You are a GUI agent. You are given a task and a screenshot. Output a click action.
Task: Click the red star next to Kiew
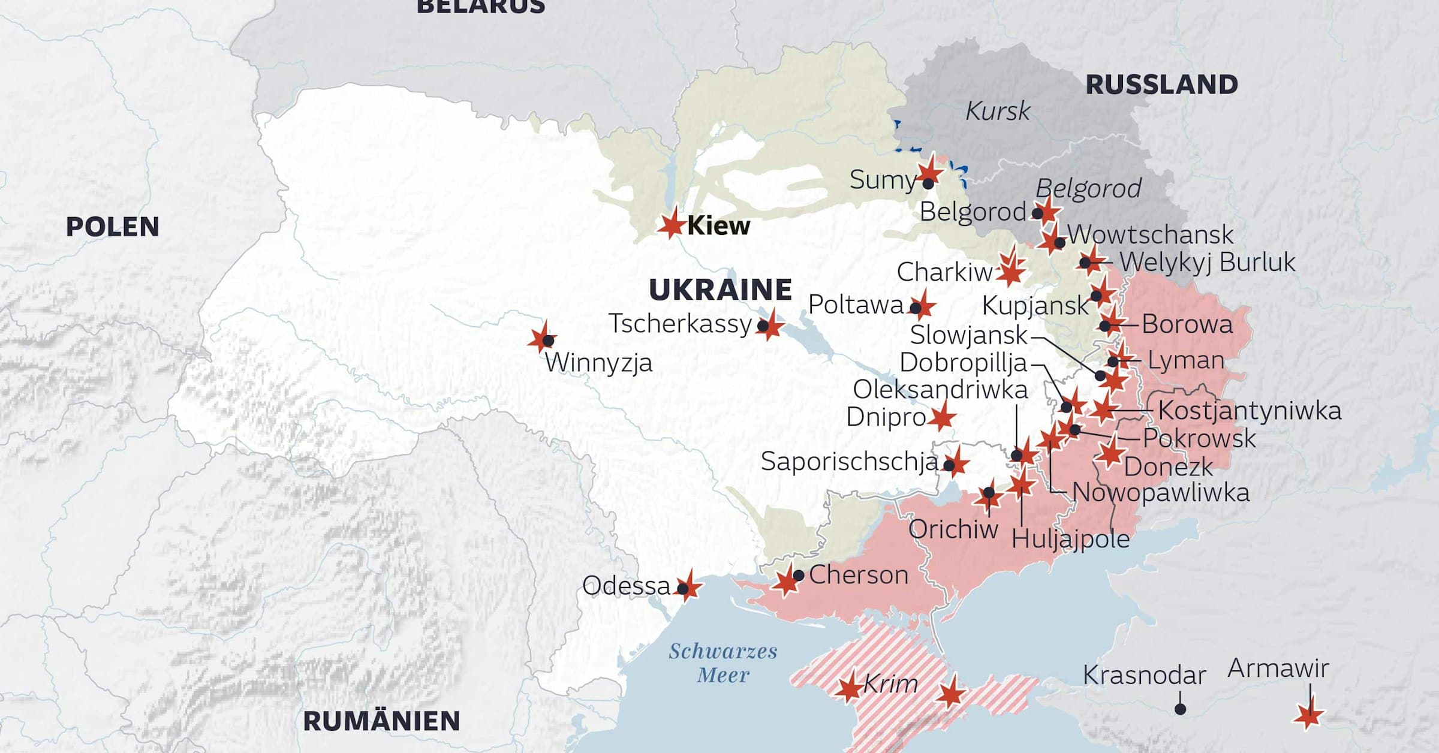coord(671,224)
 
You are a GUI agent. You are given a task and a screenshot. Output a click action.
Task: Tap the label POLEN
coord(112,227)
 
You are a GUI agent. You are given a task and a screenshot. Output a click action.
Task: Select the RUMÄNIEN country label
coord(381,721)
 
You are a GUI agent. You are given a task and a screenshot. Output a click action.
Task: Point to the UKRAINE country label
coord(720,290)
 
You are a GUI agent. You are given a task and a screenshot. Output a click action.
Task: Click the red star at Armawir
coord(1308,715)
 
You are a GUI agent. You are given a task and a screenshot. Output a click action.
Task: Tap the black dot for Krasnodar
coord(1180,709)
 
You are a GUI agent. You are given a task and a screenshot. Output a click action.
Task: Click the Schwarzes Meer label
coord(723,662)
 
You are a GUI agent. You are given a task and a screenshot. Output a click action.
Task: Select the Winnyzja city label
coord(598,363)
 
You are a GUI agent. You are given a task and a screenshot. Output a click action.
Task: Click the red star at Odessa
coord(688,586)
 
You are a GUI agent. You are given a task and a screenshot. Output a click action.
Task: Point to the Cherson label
coord(859,575)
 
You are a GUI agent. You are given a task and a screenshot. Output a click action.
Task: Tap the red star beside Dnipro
coord(942,417)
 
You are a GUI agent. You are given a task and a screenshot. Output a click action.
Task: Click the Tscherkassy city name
coord(680,324)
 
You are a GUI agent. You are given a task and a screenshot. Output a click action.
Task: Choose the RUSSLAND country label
coord(1161,85)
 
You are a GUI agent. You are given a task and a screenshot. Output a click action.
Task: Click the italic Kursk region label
coord(998,111)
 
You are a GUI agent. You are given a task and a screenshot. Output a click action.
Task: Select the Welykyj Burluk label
coord(1207,262)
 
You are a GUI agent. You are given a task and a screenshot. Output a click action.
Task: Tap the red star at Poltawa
coord(923,306)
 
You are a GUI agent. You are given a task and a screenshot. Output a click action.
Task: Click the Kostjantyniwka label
coord(1250,411)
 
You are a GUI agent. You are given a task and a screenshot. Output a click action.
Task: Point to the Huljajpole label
coord(1070,539)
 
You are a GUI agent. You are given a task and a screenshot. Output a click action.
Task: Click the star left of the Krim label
coord(850,688)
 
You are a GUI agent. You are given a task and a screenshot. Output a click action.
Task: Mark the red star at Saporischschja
coord(956,463)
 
